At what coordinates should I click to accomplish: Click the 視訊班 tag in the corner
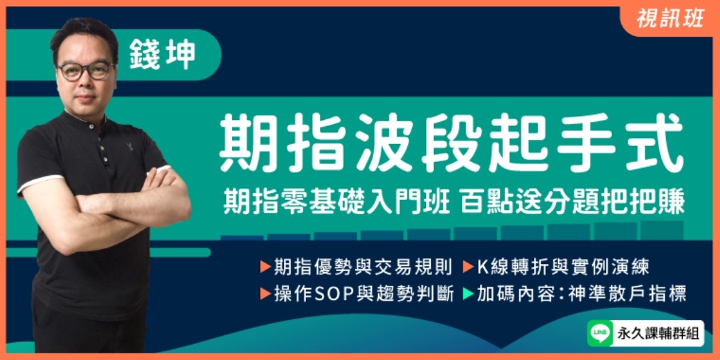pyautogui.click(x=670, y=19)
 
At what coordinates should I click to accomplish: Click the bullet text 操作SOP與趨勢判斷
pyautogui.click(x=363, y=293)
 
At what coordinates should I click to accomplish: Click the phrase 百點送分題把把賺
pyautogui.click(x=571, y=199)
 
